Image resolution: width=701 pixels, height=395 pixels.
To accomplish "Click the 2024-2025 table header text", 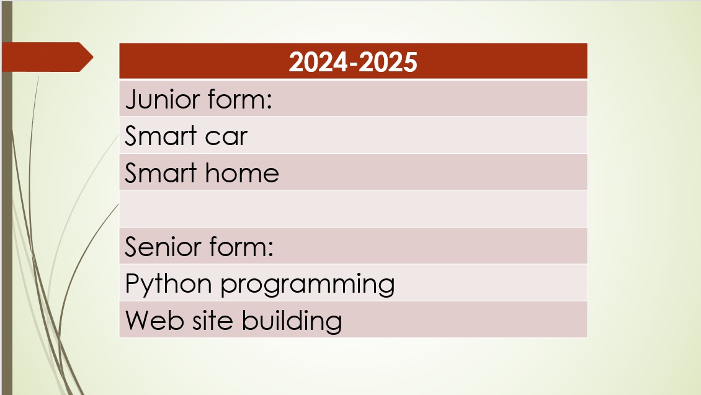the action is (x=353, y=61).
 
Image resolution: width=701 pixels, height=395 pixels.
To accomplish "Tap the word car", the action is (x=226, y=136).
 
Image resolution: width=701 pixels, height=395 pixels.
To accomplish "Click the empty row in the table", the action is (x=353, y=209).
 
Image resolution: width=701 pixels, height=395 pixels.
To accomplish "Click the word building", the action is (x=292, y=321).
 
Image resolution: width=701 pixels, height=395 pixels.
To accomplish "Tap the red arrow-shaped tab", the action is (x=47, y=57).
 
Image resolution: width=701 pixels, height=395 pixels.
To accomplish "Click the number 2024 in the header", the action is (x=318, y=61).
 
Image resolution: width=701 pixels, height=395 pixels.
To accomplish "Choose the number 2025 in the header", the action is (x=388, y=61).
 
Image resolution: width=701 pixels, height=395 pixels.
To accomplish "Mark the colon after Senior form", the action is (x=270, y=249).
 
